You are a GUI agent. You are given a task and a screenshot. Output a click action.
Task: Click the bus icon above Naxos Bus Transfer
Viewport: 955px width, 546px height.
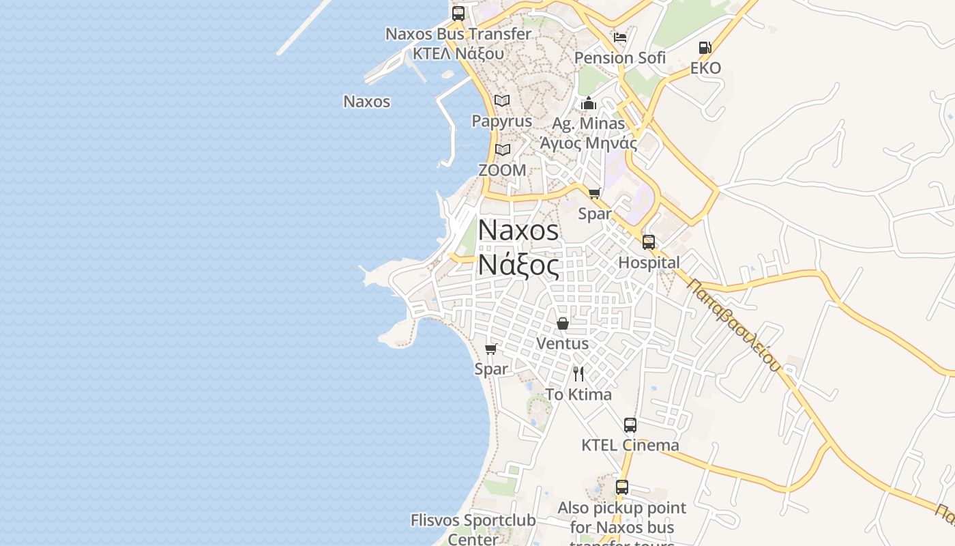point(458,13)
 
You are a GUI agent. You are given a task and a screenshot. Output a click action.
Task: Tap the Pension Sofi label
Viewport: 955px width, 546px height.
point(619,58)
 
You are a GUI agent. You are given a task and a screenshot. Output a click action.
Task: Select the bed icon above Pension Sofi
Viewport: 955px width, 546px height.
point(619,37)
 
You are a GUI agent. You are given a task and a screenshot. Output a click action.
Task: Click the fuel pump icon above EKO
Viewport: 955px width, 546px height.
point(705,48)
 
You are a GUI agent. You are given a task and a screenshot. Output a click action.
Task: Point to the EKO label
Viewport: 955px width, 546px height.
point(705,68)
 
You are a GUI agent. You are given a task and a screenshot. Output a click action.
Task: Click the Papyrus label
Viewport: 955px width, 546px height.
point(502,121)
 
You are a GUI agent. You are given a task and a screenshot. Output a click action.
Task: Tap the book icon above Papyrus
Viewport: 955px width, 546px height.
point(502,101)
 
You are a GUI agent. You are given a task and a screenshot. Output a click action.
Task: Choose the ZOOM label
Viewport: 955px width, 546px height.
point(502,171)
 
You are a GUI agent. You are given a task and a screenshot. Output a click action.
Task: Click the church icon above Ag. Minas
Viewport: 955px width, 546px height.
point(589,104)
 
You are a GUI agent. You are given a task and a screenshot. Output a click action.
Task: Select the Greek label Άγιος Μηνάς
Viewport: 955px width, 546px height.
point(589,143)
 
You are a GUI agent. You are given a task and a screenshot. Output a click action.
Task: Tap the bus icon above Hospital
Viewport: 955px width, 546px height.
point(649,242)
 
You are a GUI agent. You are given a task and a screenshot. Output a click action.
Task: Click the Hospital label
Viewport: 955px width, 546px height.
point(649,263)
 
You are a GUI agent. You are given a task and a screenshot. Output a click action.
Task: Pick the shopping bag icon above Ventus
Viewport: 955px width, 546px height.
point(563,324)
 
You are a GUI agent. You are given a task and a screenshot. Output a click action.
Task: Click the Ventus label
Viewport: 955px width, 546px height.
point(563,343)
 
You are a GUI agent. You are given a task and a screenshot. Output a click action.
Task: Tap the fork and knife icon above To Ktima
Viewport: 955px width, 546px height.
point(578,374)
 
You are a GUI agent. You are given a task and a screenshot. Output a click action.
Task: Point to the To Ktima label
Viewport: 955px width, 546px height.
point(578,394)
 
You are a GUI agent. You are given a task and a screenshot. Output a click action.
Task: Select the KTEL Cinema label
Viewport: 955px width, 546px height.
point(630,446)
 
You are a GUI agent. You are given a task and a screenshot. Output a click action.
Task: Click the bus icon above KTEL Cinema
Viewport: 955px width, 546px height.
point(630,425)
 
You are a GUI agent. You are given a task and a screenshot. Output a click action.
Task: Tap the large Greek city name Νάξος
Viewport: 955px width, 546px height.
point(518,265)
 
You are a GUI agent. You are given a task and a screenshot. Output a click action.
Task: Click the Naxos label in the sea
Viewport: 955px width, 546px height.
point(366,102)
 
